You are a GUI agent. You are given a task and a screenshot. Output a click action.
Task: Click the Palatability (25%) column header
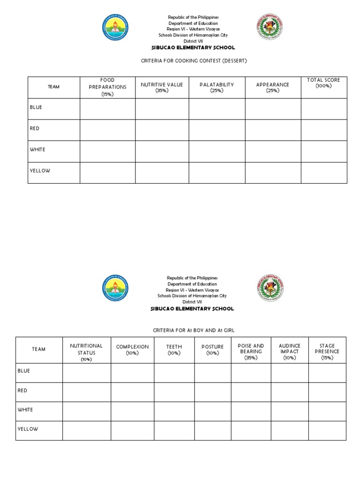click(x=217, y=87)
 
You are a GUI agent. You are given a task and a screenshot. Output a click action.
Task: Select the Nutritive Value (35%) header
click(x=162, y=87)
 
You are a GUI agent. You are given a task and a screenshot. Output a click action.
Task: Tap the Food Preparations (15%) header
click(x=107, y=87)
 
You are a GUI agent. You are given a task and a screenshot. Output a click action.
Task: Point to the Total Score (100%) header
click(x=323, y=83)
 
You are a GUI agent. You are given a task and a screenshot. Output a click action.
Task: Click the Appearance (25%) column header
click(x=272, y=87)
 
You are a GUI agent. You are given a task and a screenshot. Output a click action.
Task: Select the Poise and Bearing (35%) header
click(x=251, y=352)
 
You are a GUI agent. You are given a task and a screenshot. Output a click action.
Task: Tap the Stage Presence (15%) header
click(x=327, y=352)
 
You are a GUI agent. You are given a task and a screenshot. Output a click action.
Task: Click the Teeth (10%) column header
click(x=174, y=350)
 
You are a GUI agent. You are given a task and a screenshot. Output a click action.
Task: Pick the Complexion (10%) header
click(x=132, y=350)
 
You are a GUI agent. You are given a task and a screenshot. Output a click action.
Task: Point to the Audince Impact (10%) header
click(x=289, y=352)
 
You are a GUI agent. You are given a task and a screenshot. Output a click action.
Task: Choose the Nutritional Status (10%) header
click(x=86, y=352)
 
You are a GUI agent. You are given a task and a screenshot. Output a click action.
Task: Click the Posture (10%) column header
click(x=212, y=350)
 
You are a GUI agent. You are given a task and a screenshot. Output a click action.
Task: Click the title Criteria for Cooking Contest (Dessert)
click(x=194, y=61)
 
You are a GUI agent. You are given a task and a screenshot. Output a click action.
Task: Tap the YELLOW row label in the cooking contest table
click(x=40, y=171)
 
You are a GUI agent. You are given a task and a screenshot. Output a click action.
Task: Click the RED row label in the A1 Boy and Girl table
click(x=22, y=390)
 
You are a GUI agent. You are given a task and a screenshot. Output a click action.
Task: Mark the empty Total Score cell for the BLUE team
click(x=323, y=109)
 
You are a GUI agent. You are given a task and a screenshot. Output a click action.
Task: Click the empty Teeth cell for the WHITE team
click(x=174, y=411)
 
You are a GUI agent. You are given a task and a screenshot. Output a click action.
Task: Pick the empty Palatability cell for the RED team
click(x=217, y=130)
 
